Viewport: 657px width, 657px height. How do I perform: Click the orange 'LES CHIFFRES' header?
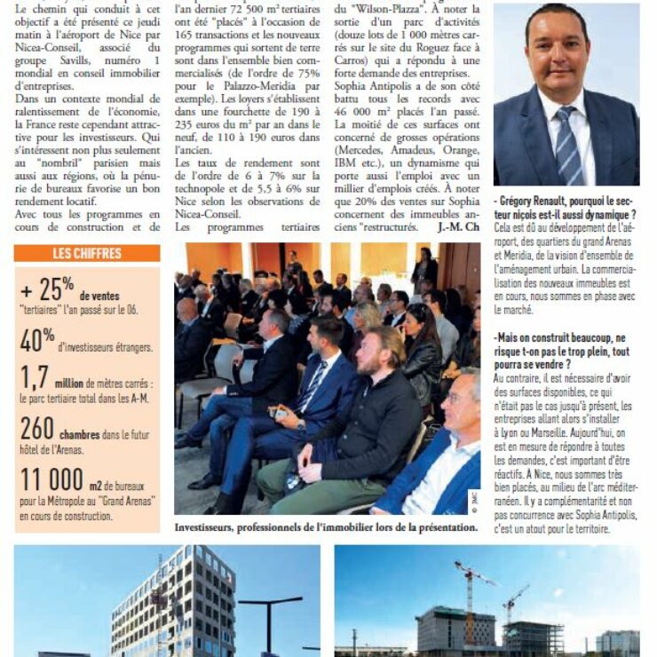[87, 254]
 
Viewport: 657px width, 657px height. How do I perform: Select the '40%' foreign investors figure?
[37, 340]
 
